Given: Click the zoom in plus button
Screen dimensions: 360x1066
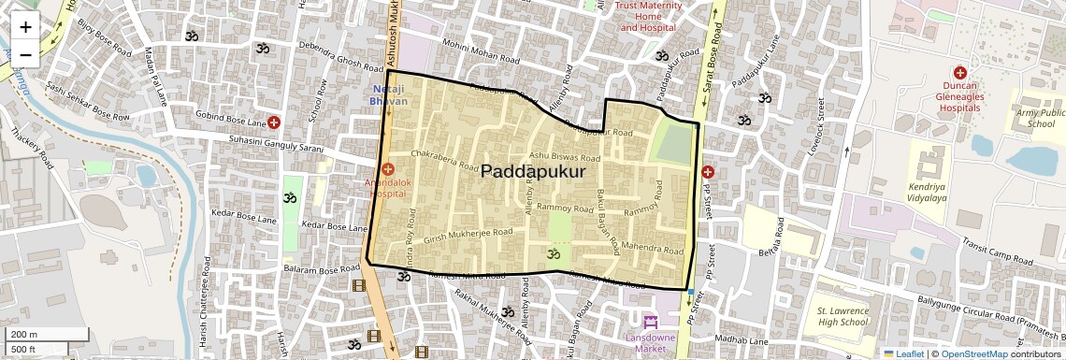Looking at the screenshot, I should [25, 27].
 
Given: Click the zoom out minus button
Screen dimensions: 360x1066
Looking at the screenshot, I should [25, 54].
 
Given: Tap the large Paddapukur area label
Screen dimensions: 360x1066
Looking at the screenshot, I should [533, 172].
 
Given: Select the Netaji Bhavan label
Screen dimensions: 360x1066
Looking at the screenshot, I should [389, 94].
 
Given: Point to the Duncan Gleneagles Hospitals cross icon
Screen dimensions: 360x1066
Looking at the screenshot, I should [959, 73].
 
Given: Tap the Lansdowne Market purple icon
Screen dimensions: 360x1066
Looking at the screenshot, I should [651, 323].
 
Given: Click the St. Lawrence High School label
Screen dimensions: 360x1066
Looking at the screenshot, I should [843, 316].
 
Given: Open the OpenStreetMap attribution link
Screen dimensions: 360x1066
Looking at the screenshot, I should [974, 354].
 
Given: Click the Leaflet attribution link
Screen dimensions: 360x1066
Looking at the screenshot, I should [902, 354].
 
